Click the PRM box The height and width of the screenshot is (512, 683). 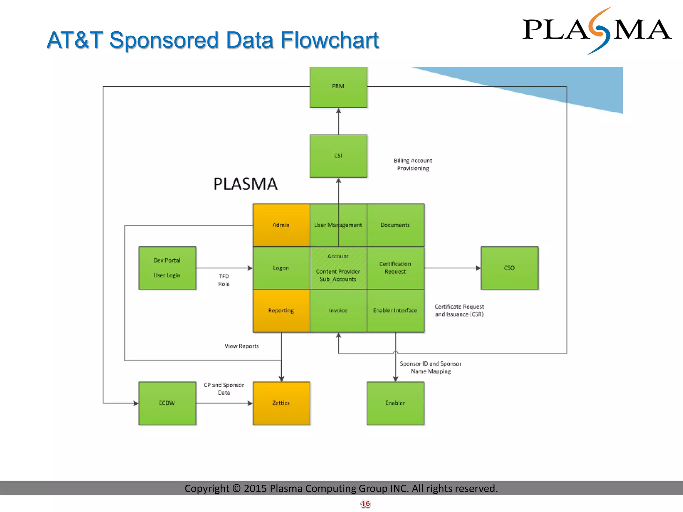tap(338, 87)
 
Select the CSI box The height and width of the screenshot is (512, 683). tap(338, 156)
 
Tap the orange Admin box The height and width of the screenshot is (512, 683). tap(281, 225)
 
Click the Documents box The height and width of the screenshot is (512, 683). tap(395, 225)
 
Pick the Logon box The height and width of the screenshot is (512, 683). tap(281, 268)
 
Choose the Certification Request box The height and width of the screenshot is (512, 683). tap(395, 268)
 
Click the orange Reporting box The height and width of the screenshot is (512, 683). tap(281, 311)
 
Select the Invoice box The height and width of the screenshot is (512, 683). tap(338, 311)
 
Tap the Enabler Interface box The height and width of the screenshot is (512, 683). tap(395, 311)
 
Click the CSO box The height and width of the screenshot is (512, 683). tap(509, 268)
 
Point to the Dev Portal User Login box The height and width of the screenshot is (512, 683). tap(167, 268)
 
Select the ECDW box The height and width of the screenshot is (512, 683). tap(167, 403)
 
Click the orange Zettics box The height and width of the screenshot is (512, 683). tap(281, 403)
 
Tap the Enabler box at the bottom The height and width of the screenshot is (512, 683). tap(395, 403)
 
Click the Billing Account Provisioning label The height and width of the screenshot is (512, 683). tap(413, 164)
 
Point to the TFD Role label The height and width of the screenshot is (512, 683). tap(224, 280)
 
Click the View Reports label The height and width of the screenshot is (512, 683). tap(242, 346)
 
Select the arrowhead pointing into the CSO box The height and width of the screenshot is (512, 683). tap(478, 268)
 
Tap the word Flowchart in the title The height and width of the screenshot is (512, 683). tap(329, 40)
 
